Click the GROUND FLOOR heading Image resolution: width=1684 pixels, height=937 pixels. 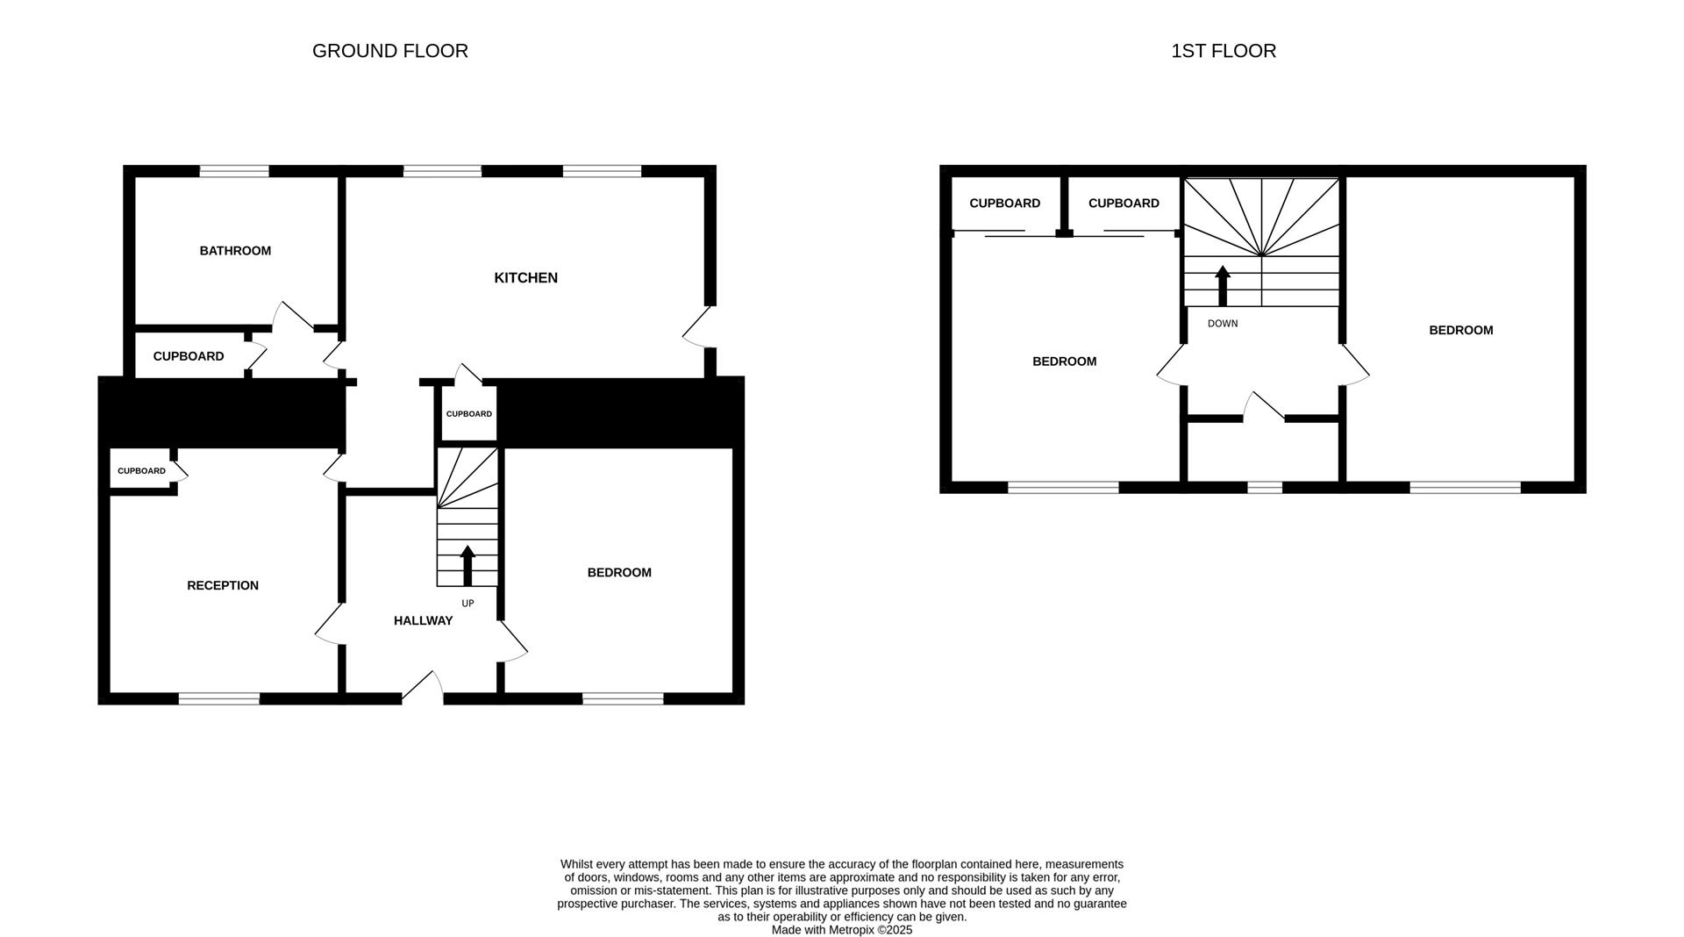389,51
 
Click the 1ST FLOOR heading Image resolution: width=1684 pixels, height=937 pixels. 1223,51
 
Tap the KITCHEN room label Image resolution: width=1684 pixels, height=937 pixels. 525,278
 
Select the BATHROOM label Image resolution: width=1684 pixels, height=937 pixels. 235,251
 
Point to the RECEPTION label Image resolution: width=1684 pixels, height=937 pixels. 223,586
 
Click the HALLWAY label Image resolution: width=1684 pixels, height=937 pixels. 423,621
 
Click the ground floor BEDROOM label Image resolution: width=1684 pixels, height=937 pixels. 619,573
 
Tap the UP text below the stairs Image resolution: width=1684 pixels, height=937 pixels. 467,604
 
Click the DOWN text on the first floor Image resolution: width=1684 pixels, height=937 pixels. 1223,324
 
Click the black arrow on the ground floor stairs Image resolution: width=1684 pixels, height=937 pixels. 467,565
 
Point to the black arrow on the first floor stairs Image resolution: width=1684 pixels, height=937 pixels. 1223,285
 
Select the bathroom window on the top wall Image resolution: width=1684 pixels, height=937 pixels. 233,172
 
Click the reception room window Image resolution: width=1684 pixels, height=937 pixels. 219,698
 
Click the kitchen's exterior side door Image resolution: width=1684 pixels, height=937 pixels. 698,327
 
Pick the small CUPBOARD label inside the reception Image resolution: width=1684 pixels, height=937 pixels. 141,471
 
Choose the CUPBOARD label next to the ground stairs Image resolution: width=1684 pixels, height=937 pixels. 468,414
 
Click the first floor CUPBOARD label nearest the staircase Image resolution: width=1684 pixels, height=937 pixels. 1124,204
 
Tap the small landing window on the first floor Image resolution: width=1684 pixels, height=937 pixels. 1264,487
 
